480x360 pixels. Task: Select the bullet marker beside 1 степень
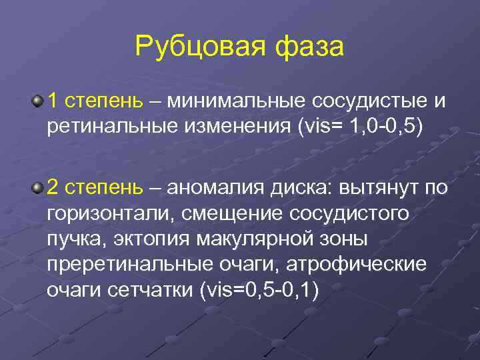click(38, 101)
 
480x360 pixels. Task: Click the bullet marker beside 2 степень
click(38, 189)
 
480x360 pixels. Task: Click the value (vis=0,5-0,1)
click(261, 289)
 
